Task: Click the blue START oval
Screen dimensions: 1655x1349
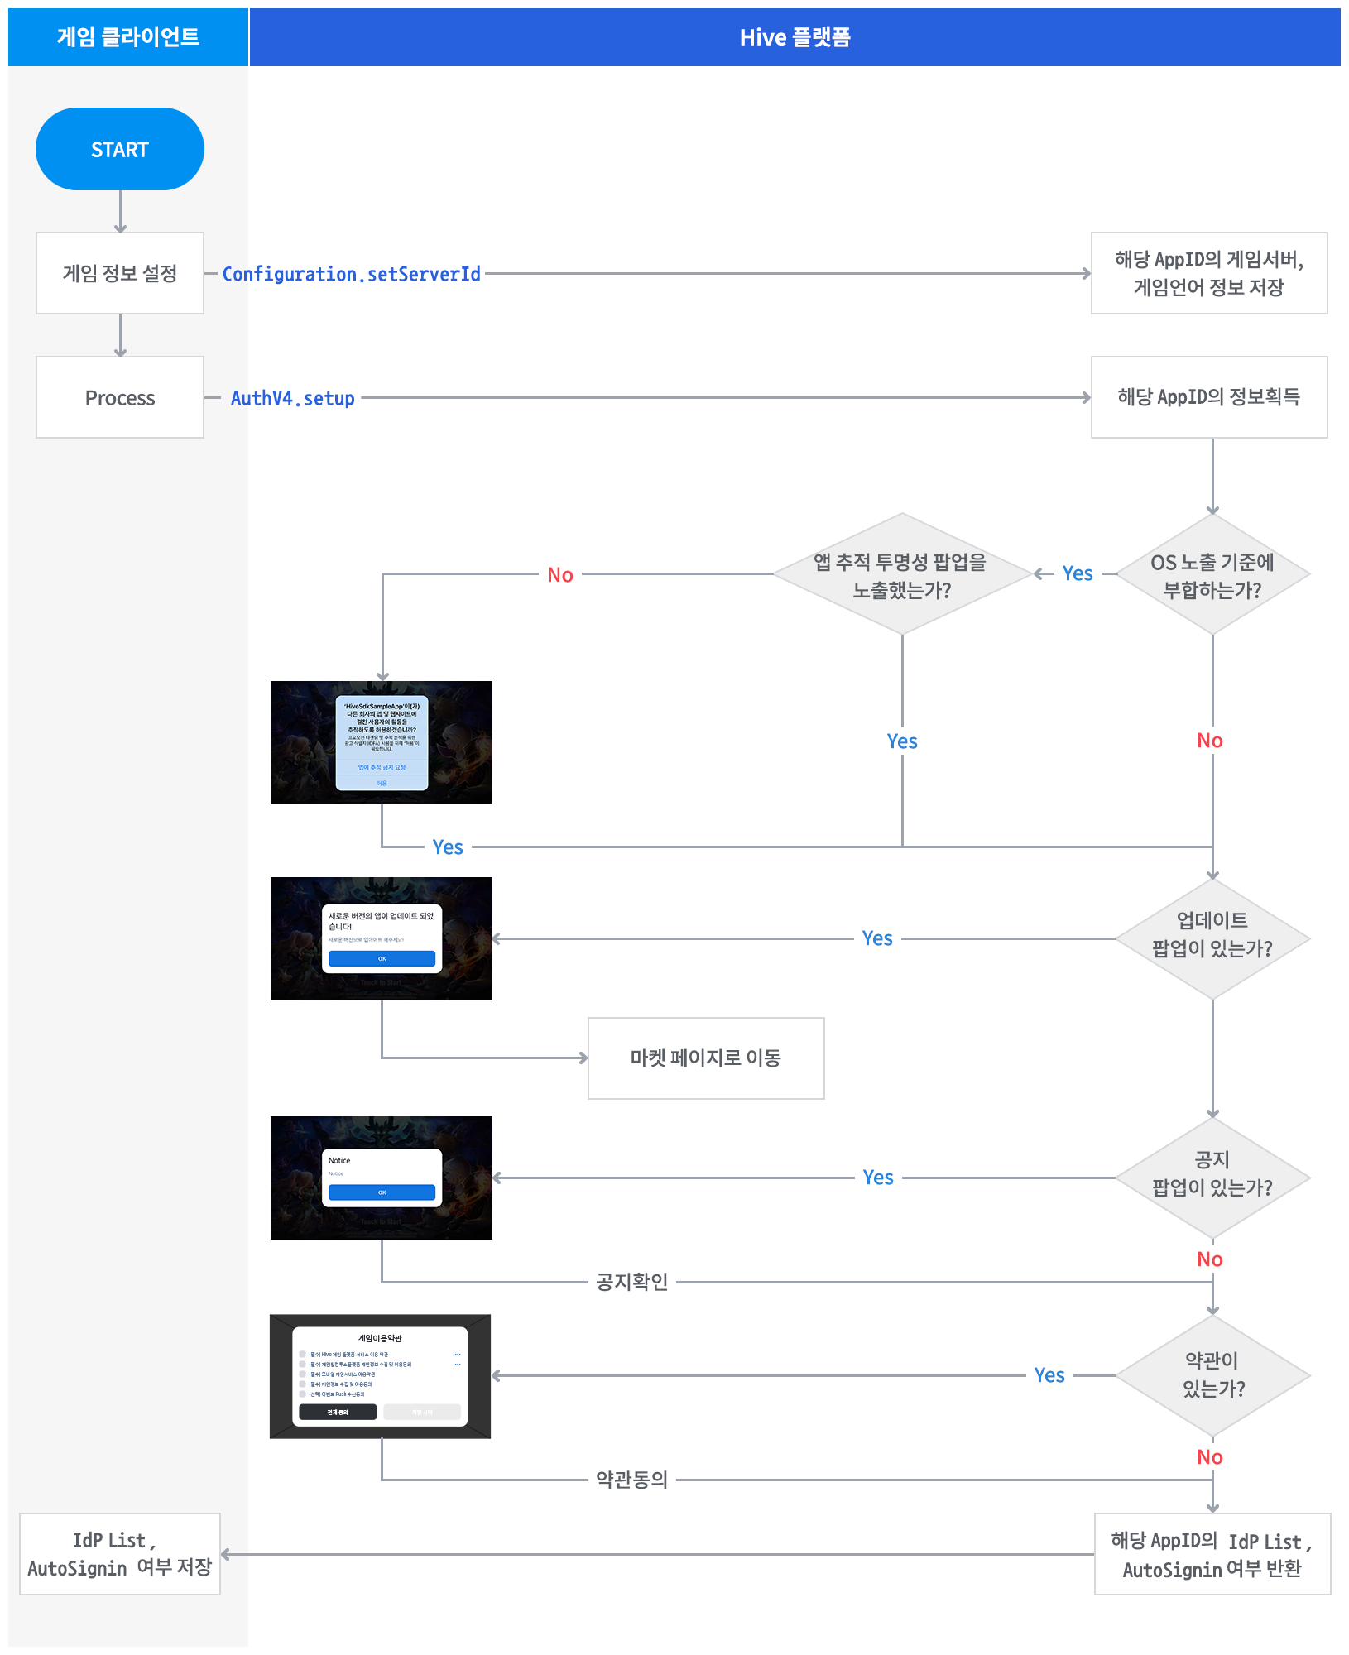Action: (x=120, y=149)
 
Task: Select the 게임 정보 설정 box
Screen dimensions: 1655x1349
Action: (x=120, y=273)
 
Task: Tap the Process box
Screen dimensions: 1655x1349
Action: (x=120, y=397)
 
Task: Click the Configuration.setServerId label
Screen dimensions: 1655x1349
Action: (x=351, y=274)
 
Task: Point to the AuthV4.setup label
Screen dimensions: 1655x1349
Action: (x=292, y=398)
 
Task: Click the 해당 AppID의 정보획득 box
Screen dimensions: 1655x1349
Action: (x=1208, y=397)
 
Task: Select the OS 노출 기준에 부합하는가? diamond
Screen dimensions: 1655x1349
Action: (x=1212, y=574)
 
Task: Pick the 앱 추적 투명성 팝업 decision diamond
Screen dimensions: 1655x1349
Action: (x=901, y=574)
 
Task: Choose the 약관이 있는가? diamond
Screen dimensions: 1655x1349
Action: (x=1212, y=1375)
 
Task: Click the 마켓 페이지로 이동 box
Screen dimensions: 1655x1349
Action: (x=706, y=1058)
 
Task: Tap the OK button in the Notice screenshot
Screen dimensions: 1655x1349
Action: (x=382, y=1192)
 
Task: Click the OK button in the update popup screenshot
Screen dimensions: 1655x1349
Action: (x=382, y=958)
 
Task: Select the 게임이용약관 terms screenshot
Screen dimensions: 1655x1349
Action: (x=381, y=1375)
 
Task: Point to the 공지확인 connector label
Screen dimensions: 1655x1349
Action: (x=632, y=1282)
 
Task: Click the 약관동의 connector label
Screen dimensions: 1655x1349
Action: (x=632, y=1480)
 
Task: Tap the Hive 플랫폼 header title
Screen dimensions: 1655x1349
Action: (x=795, y=37)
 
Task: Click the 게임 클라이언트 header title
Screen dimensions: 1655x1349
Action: (x=128, y=37)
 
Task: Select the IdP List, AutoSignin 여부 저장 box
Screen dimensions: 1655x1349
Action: (x=120, y=1553)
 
